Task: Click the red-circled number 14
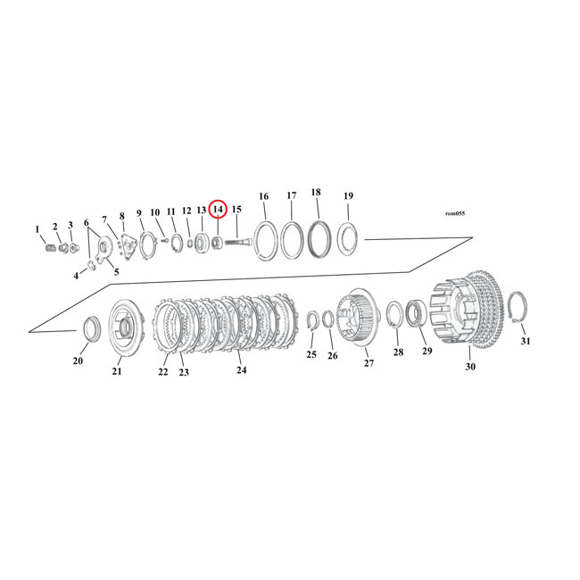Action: point(218,209)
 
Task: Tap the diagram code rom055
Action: point(454,213)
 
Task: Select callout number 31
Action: point(525,342)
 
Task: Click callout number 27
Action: point(368,363)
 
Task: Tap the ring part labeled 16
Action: point(264,241)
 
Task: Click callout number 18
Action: point(316,193)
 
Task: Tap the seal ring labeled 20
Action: point(89,328)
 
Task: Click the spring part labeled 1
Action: point(50,247)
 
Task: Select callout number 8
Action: point(121,217)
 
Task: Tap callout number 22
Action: point(162,372)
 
